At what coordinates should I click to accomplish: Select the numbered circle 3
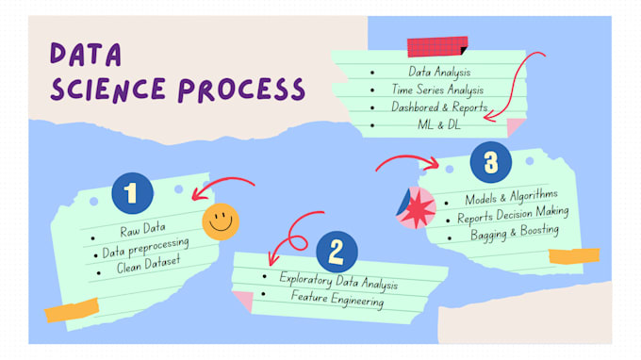(490, 162)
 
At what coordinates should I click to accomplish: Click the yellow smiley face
(221, 221)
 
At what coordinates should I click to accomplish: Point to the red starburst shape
(419, 208)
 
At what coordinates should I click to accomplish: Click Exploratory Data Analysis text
(338, 281)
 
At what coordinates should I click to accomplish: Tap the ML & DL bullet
(440, 125)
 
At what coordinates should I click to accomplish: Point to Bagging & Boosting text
(515, 232)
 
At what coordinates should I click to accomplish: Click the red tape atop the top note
(436, 46)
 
